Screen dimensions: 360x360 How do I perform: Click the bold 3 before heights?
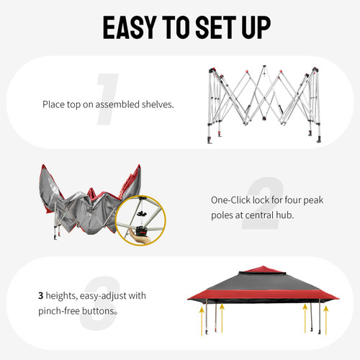(41, 295)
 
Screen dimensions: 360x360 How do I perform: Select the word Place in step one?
(53, 104)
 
